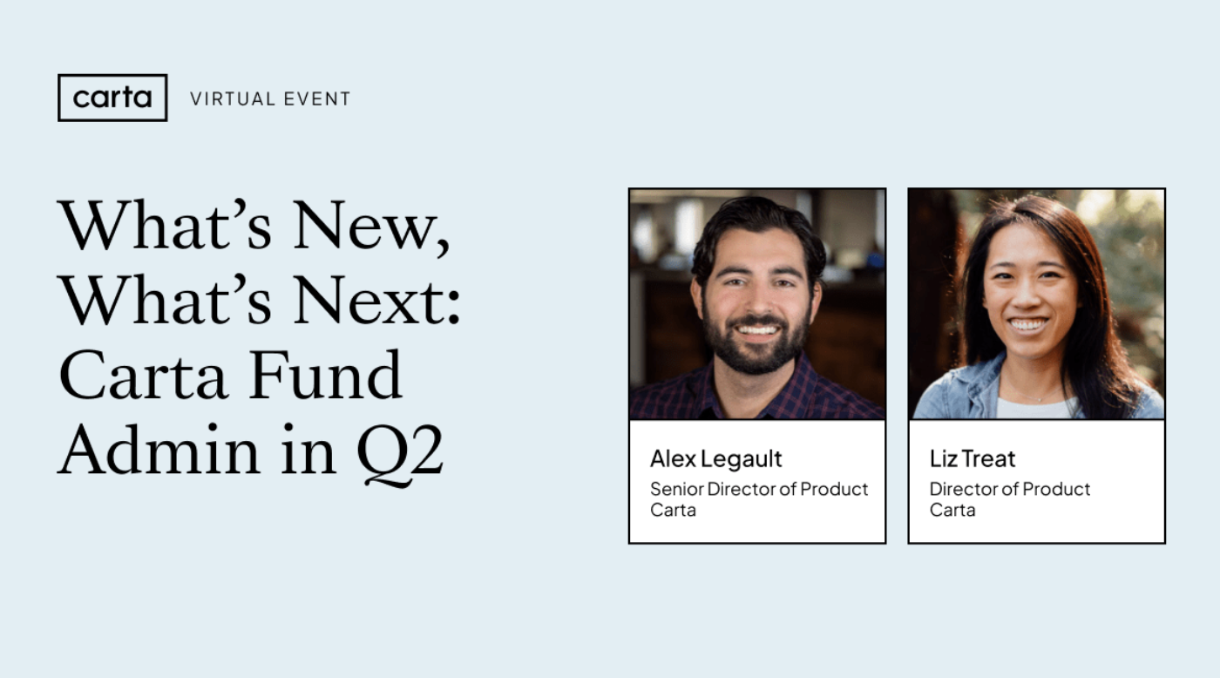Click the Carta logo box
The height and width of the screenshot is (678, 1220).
[x=112, y=98]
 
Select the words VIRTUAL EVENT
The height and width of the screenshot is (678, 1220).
[x=270, y=99]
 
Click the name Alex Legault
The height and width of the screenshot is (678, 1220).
[x=716, y=458]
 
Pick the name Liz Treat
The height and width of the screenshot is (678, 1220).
[x=973, y=458]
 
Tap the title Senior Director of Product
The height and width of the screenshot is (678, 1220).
[x=759, y=489]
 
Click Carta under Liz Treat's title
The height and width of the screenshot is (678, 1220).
[x=952, y=510]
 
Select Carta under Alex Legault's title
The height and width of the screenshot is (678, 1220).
[x=673, y=510]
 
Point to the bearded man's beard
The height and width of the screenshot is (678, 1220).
[x=756, y=349]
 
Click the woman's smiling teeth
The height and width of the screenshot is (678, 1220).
[x=1029, y=324]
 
